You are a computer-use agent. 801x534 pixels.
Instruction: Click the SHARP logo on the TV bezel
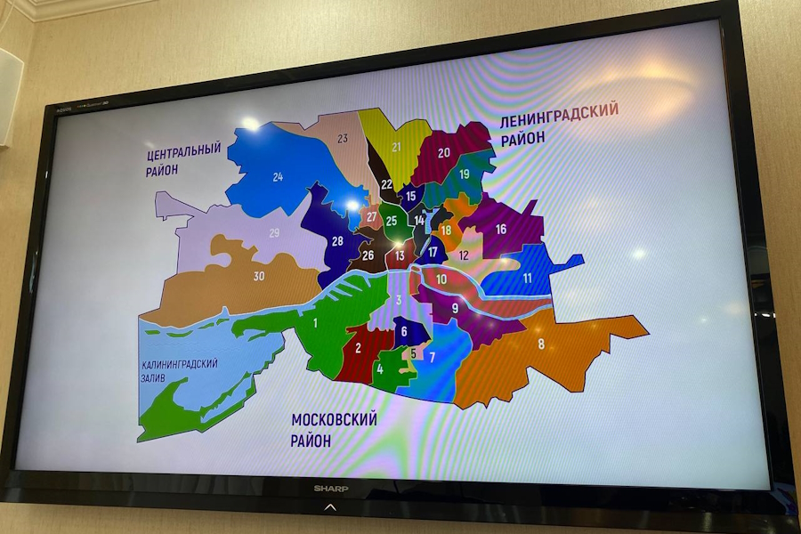[x=330, y=488]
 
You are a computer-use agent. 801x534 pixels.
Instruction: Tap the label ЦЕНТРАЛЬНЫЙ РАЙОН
[x=183, y=159]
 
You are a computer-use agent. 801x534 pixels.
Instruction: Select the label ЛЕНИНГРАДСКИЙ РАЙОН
[x=559, y=129]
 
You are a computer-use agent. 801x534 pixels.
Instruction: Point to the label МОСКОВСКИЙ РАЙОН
[x=334, y=429]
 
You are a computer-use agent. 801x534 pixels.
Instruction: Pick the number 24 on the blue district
[x=278, y=176]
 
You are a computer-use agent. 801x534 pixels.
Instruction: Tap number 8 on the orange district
[x=541, y=344]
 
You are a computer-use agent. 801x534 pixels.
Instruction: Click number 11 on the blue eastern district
[x=528, y=278]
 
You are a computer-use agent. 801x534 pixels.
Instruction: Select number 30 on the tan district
[x=258, y=276]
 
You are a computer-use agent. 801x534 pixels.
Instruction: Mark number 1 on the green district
[x=314, y=322]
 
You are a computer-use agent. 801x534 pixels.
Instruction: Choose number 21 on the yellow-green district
[x=396, y=147]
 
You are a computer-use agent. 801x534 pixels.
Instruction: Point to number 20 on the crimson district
[x=443, y=152]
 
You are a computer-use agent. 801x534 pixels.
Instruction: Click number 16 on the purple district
[x=500, y=229]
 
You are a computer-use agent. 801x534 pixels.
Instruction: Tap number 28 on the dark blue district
[x=337, y=241]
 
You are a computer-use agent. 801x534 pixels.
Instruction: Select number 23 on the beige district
[x=342, y=139]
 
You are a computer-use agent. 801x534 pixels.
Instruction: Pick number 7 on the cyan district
[x=433, y=357]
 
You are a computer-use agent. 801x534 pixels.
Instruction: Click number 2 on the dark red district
[x=359, y=348]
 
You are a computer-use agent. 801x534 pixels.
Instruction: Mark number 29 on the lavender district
[x=274, y=233]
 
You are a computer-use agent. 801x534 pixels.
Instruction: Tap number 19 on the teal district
[x=464, y=174]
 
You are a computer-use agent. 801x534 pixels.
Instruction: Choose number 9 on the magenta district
[x=455, y=309]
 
